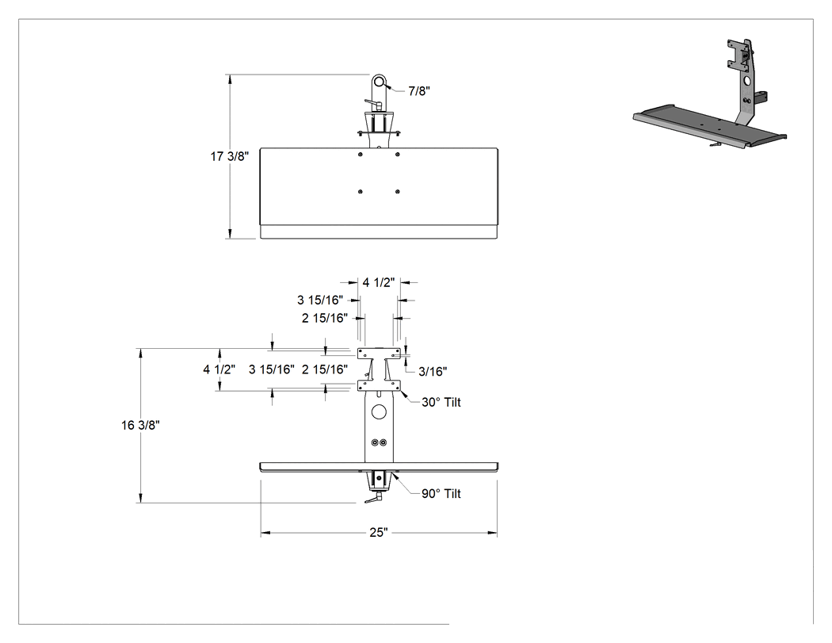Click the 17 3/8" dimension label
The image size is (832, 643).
[x=230, y=156]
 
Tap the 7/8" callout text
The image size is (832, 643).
[x=419, y=91]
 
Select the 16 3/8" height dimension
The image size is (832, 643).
[x=140, y=425]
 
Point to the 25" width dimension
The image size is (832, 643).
[x=379, y=532]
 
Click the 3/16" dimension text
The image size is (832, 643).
[x=433, y=371]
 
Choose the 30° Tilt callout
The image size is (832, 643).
[x=441, y=402]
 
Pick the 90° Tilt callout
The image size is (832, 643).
[x=441, y=493]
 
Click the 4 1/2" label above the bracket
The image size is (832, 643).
[x=379, y=282]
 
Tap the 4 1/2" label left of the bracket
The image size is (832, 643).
[x=219, y=369]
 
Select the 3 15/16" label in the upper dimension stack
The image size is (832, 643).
[x=320, y=300]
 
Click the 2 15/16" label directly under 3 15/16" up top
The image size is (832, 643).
[x=325, y=318]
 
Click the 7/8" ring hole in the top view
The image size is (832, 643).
[x=378, y=82]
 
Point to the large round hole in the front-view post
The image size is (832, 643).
[x=379, y=411]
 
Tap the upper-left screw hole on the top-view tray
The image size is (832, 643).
[x=361, y=154]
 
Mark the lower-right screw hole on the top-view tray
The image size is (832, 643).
[x=398, y=191]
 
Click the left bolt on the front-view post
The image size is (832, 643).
[x=375, y=443]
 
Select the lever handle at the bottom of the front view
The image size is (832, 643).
[x=373, y=499]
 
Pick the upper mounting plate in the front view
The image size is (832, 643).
[x=379, y=353]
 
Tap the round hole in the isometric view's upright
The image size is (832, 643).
[x=748, y=81]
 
